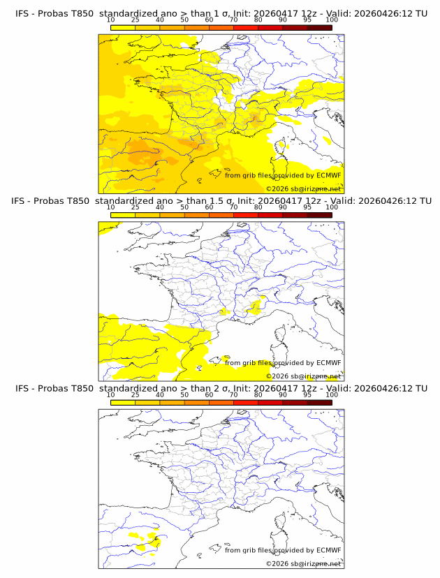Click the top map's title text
(x=219, y=14)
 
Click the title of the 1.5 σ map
(x=219, y=201)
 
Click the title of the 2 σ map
(x=219, y=388)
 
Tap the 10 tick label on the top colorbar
(x=110, y=20)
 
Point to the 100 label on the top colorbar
(x=332, y=20)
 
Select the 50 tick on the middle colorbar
(x=184, y=207)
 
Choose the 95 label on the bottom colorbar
(x=307, y=394)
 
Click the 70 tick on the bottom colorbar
(x=233, y=394)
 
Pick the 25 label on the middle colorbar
(x=135, y=207)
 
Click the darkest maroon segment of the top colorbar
(x=319, y=27)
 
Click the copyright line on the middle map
(x=303, y=376)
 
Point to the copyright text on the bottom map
(x=303, y=563)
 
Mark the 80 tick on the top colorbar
(x=258, y=20)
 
